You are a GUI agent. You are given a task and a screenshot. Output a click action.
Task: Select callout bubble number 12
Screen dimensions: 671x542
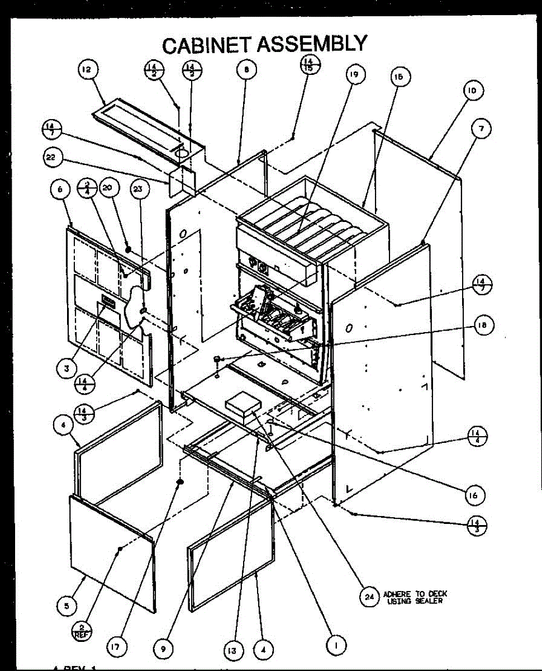pyautogui.click(x=87, y=69)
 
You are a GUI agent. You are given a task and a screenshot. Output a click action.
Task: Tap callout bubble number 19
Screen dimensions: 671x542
pyautogui.click(x=354, y=74)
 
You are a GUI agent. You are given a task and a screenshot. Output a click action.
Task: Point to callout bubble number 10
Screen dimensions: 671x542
pyautogui.click(x=473, y=91)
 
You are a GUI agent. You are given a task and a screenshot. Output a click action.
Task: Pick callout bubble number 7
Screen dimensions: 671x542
pyautogui.click(x=480, y=129)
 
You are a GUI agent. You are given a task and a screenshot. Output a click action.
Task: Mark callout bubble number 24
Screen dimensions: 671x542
pyautogui.click(x=369, y=597)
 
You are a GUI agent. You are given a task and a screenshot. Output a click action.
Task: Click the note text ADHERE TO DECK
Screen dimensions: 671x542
pyautogui.click(x=415, y=594)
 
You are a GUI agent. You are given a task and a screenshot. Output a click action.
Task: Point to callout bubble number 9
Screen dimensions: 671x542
pyautogui.click(x=164, y=649)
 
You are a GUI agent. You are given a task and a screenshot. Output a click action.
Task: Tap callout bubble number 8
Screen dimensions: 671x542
pyautogui.click(x=246, y=69)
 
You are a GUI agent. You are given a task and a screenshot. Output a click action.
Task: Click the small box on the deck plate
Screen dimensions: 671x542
pyautogui.click(x=242, y=405)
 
